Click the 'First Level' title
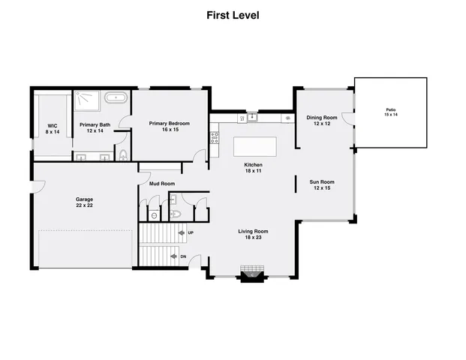pos(233,15)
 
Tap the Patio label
pos(390,110)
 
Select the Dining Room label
pos(321,118)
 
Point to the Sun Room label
pos(322,181)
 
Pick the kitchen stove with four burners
pos(214,136)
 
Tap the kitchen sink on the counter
pos(253,117)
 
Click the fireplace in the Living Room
pos(251,274)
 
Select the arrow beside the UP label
pos(182,233)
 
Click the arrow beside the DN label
pos(173,256)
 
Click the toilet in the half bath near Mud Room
pos(175,214)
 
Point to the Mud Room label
pos(162,184)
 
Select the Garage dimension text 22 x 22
pos(84,205)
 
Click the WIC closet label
pos(52,126)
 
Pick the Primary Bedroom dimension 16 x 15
pos(169,130)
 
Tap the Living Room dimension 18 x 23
pos(253,238)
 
